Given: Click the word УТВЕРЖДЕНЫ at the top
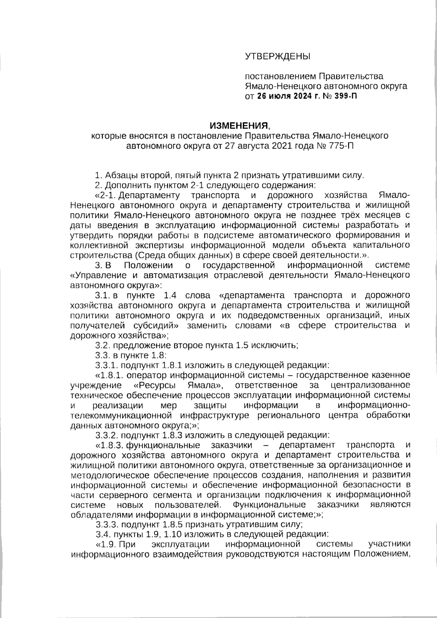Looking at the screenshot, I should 277,56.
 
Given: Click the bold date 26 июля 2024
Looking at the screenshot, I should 284,97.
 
